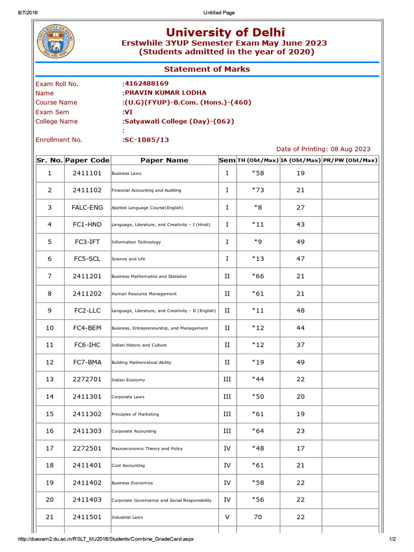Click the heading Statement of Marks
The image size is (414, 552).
click(207, 69)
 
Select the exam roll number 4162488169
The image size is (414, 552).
click(146, 84)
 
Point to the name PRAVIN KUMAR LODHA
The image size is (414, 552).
click(165, 93)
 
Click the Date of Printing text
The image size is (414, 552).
click(323, 149)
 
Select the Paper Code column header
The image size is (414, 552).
click(87, 160)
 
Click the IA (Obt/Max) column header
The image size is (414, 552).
click(301, 160)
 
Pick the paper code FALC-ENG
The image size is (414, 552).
click(87, 208)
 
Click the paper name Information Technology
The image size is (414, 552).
click(136, 242)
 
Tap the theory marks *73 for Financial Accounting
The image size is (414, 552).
click(258, 190)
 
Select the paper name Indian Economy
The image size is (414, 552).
click(128, 380)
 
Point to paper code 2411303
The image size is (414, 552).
click(87, 431)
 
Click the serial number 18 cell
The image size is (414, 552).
click(50, 465)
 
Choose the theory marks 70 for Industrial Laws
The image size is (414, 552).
click(258, 517)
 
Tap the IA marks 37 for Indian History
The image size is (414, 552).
click(301, 345)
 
